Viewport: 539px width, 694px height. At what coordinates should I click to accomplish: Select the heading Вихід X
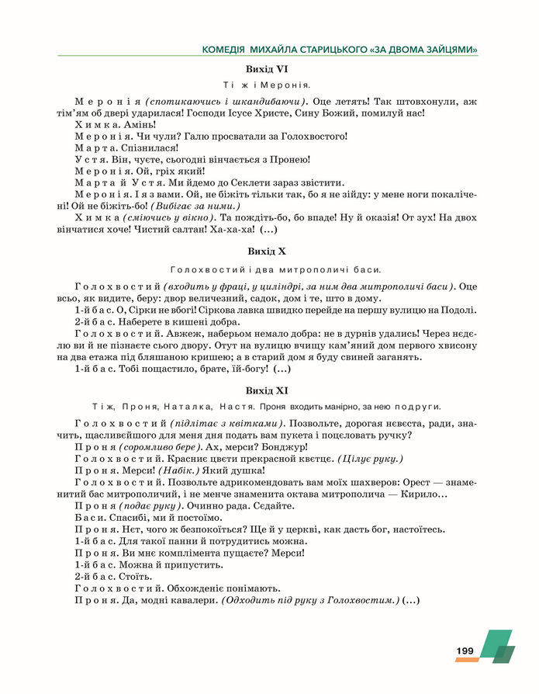266,252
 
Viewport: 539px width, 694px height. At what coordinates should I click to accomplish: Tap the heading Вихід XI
266,390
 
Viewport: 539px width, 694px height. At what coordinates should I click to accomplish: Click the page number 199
465,651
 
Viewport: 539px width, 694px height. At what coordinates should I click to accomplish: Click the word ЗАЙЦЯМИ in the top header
447,50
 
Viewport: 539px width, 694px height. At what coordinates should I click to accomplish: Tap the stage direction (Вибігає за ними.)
195,206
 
